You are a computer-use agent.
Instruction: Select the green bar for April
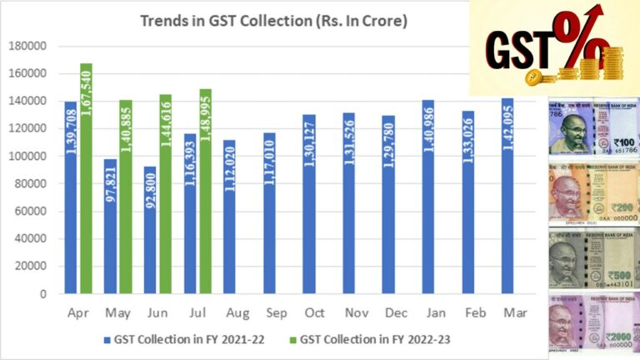pyautogui.click(x=86, y=178)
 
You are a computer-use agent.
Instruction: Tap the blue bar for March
pyautogui.click(x=507, y=196)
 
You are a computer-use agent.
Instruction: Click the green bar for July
pyautogui.click(x=205, y=192)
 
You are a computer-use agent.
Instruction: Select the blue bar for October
pyautogui.click(x=309, y=204)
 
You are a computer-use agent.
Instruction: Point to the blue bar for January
pyautogui.click(x=428, y=197)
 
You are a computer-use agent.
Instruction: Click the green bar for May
pyautogui.click(x=126, y=197)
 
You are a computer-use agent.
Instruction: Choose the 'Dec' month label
pyautogui.click(x=389, y=311)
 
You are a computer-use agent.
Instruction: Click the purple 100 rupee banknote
pyautogui.click(x=592, y=126)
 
